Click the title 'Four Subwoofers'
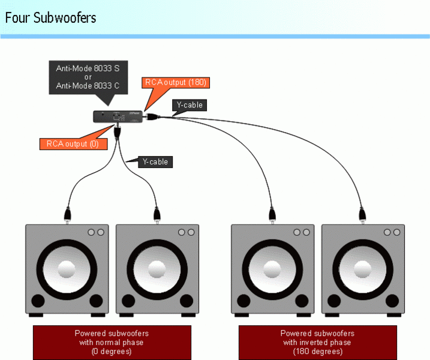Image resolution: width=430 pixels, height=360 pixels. coord(50,17)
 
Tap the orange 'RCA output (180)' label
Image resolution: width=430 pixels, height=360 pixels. coord(176,82)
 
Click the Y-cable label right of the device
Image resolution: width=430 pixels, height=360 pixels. coord(190,106)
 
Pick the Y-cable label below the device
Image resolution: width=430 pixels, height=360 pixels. coord(155,162)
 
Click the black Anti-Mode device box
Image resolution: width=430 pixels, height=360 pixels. coord(118,116)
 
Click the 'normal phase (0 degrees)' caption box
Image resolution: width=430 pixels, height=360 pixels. coord(112,342)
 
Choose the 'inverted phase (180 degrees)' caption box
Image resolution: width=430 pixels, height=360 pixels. coord(317,342)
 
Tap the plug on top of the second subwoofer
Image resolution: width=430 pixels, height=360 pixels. coord(157,213)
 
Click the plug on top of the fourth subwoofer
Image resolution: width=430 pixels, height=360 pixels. coord(362,213)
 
